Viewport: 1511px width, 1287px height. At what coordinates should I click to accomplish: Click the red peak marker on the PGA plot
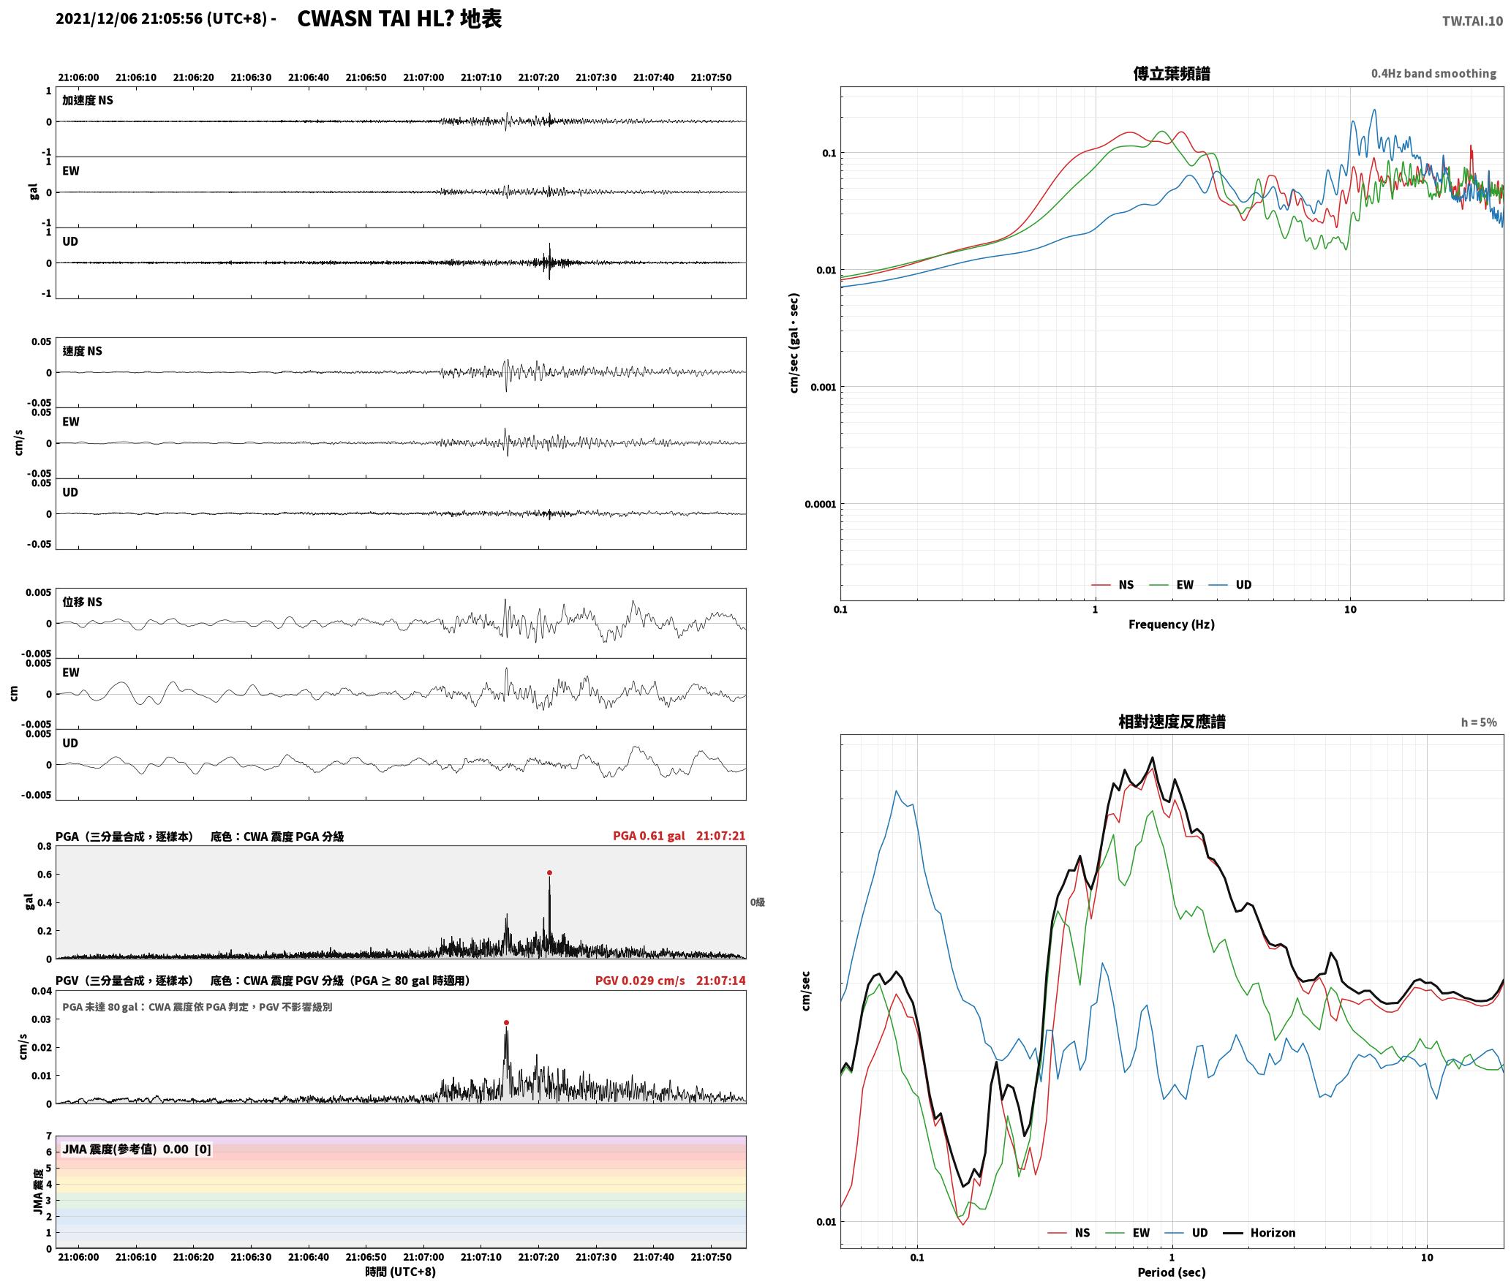549,872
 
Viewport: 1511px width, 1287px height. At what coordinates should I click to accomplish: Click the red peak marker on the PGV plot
506,1022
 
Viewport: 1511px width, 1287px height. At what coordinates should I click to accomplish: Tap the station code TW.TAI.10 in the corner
1472,21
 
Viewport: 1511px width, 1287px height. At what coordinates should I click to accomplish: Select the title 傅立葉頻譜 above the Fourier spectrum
1172,73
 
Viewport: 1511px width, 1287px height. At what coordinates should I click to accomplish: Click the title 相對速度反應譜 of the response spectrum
1172,721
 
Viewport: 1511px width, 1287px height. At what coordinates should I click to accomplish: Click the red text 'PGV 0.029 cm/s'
640,981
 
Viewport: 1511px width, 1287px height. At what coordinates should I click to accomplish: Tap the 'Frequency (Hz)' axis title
1171,624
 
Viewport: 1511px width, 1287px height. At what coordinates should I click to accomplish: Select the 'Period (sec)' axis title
1171,1272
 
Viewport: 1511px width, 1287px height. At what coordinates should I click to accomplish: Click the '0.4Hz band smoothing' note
1433,73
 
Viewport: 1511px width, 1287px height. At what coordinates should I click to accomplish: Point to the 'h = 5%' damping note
1479,722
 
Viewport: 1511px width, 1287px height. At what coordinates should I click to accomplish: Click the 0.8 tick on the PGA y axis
44,847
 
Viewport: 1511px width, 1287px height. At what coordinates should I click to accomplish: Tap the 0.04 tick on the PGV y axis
41,992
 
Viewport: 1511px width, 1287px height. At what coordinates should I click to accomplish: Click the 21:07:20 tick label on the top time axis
538,78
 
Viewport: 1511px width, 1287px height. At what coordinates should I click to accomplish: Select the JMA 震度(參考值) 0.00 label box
137,1149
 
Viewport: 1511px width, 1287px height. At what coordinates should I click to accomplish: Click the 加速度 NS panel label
88,100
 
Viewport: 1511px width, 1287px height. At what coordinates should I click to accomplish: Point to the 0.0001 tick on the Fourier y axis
820,504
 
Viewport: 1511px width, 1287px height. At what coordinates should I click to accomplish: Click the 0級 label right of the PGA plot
757,902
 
